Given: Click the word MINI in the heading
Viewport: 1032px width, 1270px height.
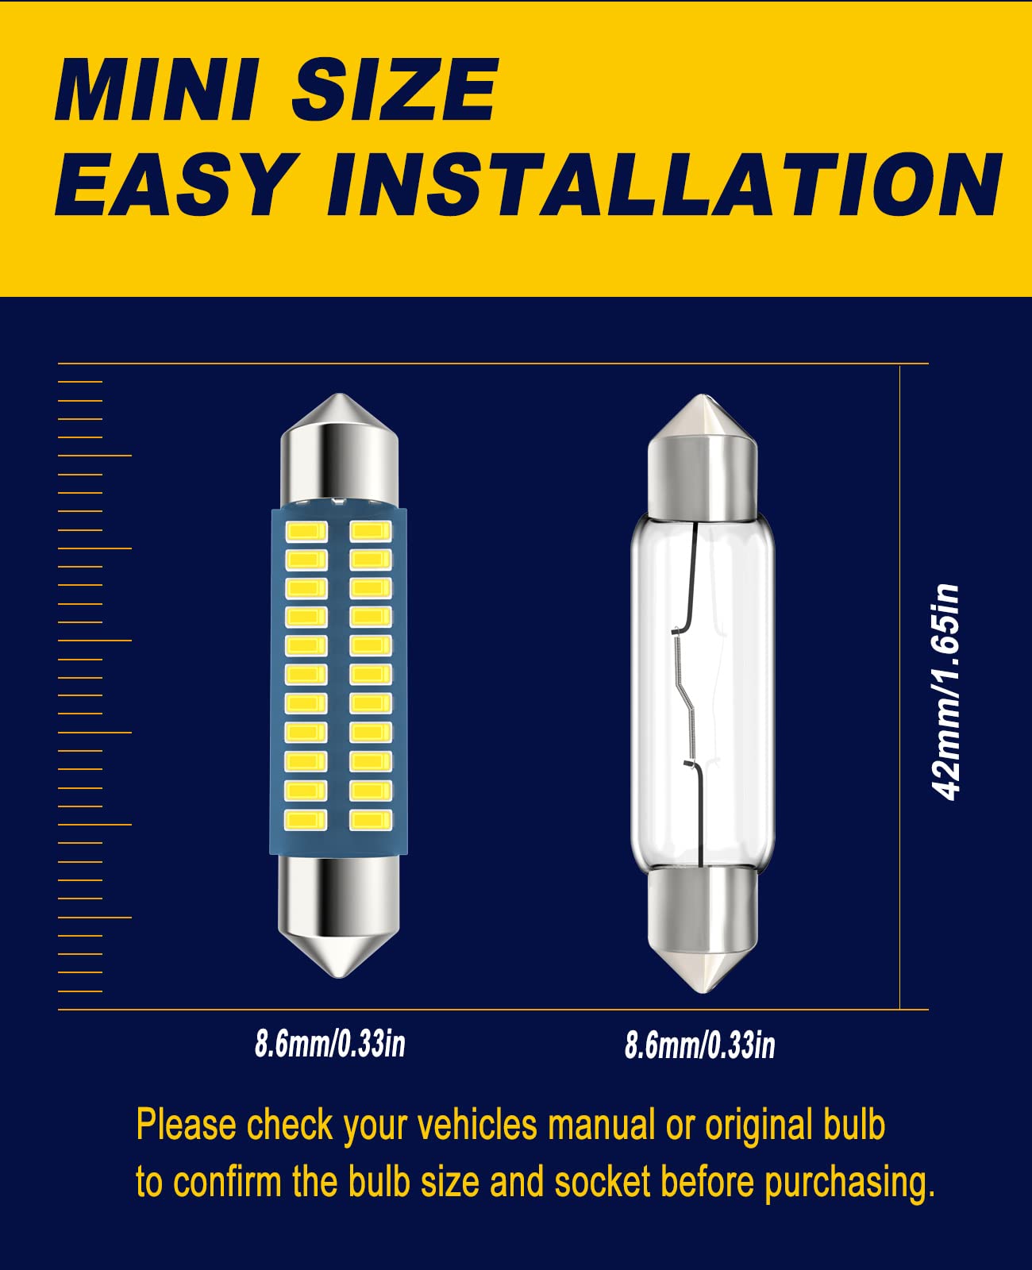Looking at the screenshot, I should click(156, 89).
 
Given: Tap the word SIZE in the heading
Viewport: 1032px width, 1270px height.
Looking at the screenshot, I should click(395, 89).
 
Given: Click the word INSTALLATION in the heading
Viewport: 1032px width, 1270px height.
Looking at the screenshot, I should click(664, 184).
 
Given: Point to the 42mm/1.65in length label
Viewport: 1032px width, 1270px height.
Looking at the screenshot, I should click(946, 691).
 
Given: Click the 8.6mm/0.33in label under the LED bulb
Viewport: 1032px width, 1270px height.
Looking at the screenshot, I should click(329, 1044).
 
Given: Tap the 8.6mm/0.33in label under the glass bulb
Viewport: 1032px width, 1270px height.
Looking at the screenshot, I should click(699, 1045).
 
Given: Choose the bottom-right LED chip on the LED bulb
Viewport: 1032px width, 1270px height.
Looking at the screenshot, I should click(371, 819).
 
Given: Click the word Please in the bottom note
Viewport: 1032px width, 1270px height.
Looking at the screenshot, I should click(186, 1126).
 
